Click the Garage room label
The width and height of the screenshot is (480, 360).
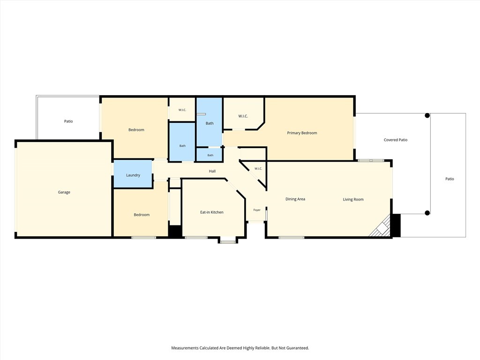64,192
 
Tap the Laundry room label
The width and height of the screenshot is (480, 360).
133,175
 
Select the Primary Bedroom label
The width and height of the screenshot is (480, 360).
302,133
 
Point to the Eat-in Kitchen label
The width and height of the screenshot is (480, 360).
212,212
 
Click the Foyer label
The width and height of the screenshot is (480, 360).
257,210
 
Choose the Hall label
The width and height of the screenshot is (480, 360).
212,171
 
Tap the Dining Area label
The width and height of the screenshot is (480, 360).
295,199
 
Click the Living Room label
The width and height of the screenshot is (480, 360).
353,199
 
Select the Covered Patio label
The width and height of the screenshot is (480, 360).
396,140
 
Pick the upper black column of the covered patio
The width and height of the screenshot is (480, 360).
427,115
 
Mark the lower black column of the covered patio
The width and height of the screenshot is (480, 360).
427,213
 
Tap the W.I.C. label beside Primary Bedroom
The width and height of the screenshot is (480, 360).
243,116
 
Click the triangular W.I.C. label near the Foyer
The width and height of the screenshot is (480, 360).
258,169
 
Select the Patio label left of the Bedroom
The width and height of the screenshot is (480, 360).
68,121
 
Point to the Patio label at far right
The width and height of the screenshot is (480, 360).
450,179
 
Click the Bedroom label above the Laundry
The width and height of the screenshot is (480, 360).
136,130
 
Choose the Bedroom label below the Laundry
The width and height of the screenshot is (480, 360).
142,215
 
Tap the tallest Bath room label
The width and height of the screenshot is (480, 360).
210,123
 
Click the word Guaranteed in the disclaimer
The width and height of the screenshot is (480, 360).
298,348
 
